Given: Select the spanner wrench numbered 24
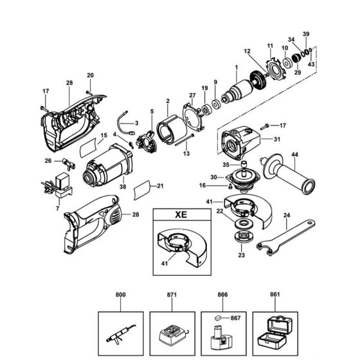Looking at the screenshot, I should [x=289, y=234].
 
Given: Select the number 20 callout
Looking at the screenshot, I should [x=90, y=75].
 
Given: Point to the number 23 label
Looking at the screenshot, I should [x=242, y=255].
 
